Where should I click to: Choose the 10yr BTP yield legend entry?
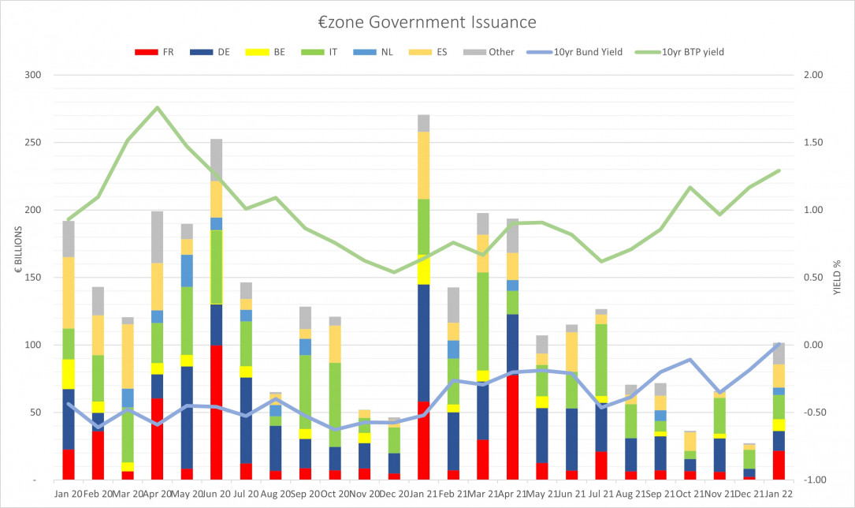pyautogui.click(x=681, y=52)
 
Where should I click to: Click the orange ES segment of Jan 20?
pyautogui.click(x=69, y=293)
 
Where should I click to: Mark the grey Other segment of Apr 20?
pyautogui.click(x=158, y=237)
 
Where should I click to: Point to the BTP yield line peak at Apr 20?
pyautogui.click(x=158, y=107)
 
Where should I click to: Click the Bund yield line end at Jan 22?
pyautogui.click(x=779, y=344)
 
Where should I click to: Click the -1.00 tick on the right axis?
pyautogui.click(x=812, y=480)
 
